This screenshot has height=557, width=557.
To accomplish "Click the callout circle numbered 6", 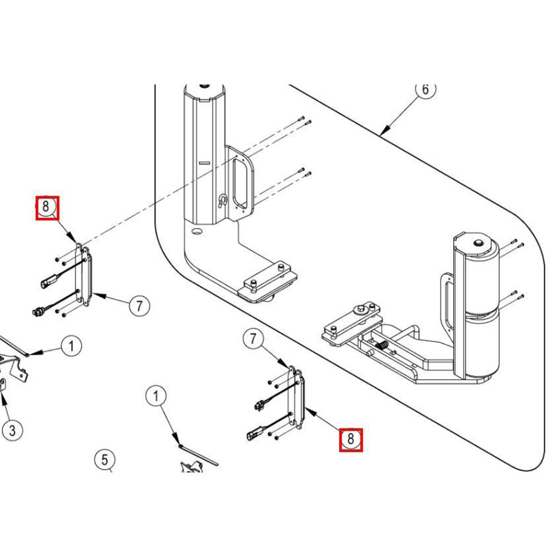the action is (x=426, y=90).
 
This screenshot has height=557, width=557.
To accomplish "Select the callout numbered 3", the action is (x=12, y=431).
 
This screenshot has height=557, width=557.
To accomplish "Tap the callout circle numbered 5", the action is (x=105, y=460).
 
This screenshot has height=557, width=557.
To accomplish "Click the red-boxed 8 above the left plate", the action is (x=47, y=208).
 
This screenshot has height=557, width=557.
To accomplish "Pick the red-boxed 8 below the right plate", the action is (x=350, y=440).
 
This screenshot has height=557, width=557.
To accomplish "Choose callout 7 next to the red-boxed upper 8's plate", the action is (x=139, y=305).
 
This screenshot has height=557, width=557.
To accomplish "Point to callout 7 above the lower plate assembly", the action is (x=253, y=339).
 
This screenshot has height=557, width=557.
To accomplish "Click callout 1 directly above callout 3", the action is (x=71, y=346).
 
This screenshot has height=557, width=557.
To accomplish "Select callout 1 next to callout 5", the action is (x=157, y=395).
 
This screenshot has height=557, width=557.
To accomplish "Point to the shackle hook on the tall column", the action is (x=222, y=201).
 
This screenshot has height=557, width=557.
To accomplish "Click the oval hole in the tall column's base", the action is (x=197, y=232).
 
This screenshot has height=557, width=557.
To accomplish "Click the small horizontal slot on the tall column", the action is (x=204, y=163).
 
